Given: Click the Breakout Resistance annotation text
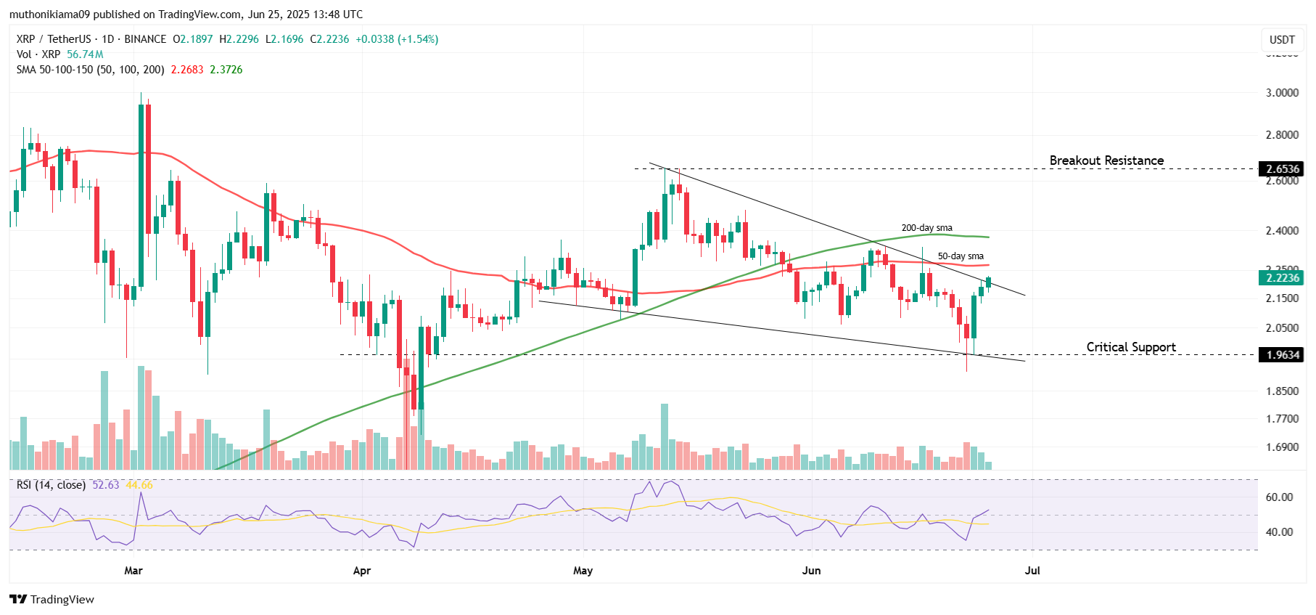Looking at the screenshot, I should click(x=1106, y=160).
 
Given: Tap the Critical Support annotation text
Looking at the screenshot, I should click(x=1130, y=347).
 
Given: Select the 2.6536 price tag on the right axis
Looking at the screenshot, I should click(x=1282, y=169).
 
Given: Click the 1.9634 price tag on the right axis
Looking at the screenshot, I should click(x=1282, y=355).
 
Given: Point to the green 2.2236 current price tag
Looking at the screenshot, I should click(x=1282, y=278).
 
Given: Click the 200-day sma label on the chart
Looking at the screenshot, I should click(x=926, y=228).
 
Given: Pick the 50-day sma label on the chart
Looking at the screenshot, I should click(x=961, y=256).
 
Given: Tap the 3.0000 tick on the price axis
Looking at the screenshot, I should click(x=1282, y=93).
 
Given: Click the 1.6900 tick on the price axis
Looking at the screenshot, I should click(x=1282, y=447).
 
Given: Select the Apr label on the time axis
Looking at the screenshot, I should click(x=361, y=571).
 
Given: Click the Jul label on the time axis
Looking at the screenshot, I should click(x=1032, y=571).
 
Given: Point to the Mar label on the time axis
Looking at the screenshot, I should click(x=133, y=571).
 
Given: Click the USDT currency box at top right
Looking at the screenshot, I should click(x=1282, y=40).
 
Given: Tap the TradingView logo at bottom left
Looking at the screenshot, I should click(x=52, y=599).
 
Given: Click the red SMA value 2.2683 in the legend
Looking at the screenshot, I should click(x=187, y=70).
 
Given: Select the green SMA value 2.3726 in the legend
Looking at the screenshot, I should click(x=226, y=70).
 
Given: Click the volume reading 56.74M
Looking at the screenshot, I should click(x=85, y=54).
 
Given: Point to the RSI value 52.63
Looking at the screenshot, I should click(x=106, y=485).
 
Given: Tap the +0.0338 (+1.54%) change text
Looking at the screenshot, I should click(x=397, y=39).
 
